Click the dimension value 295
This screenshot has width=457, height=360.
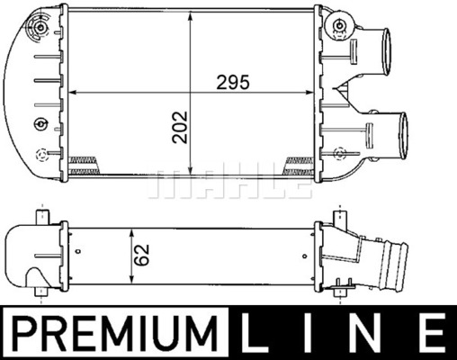pyautogui.click(x=233, y=83)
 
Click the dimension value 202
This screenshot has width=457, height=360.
pyautogui.click(x=180, y=127)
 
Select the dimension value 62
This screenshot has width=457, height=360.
pyautogui.click(x=141, y=255)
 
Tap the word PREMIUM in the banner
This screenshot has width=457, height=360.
pyautogui.click(x=115, y=333)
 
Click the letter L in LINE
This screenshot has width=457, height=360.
pyautogui.click(x=255, y=333)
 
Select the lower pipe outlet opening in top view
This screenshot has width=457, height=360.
pyautogui.click(x=403, y=137)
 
